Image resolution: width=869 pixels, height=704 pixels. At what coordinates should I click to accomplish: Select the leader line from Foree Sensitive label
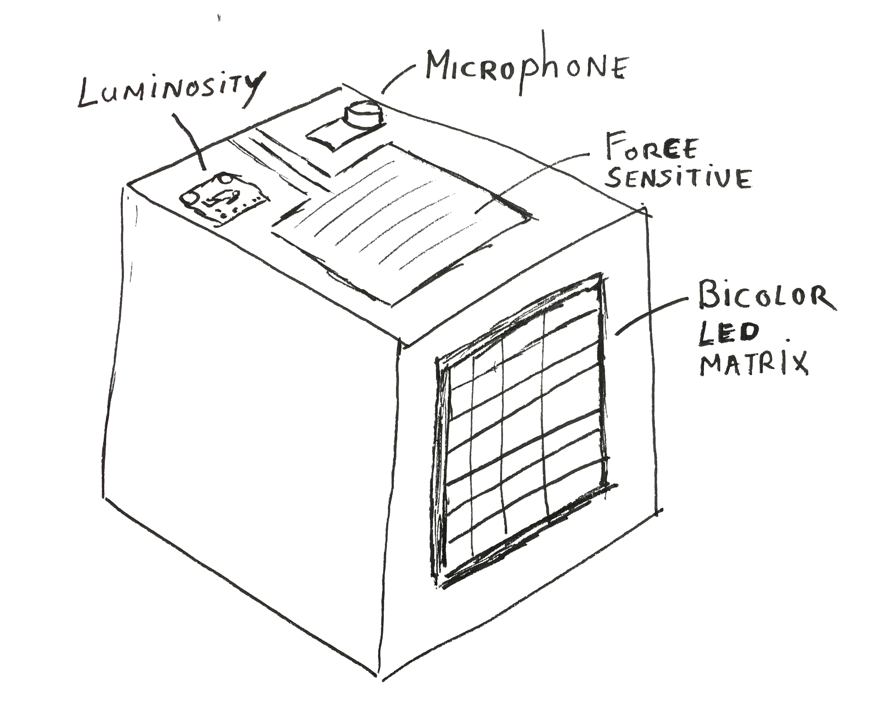tap(532, 182)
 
